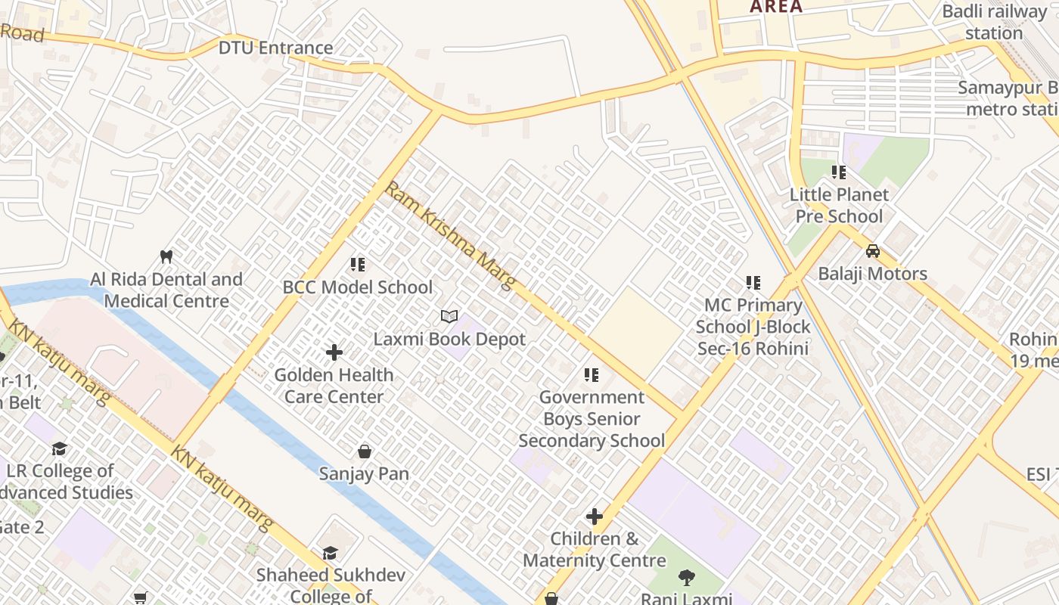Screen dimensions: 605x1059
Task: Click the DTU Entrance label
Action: (x=275, y=48)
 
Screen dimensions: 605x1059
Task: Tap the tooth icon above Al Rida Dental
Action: (x=167, y=256)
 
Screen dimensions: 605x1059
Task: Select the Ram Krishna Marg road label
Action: (x=450, y=235)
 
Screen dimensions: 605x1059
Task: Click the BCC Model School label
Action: (x=357, y=287)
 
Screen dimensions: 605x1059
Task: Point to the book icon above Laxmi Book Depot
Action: (x=449, y=316)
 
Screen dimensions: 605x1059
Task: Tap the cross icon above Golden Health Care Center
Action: (x=334, y=352)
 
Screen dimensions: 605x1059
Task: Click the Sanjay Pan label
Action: (x=364, y=474)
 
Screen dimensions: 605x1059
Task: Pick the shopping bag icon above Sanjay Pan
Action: (x=365, y=451)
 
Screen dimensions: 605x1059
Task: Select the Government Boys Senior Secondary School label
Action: (x=592, y=419)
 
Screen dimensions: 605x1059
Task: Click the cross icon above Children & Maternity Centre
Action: (x=595, y=517)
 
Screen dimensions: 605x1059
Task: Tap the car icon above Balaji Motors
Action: (x=872, y=251)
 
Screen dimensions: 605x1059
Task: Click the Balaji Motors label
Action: (x=872, y=274)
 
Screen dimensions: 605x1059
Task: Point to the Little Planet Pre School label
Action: (x=839, y=206)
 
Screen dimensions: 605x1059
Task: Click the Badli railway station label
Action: (x=994, y=23)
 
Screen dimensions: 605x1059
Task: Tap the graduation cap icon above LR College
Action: (x=59, y=449)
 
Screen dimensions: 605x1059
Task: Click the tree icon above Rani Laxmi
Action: (x=686, y=578)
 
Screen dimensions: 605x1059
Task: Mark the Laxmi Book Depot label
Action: (x=449, y=339)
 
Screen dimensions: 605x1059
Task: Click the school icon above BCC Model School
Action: (x=358, y=265)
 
